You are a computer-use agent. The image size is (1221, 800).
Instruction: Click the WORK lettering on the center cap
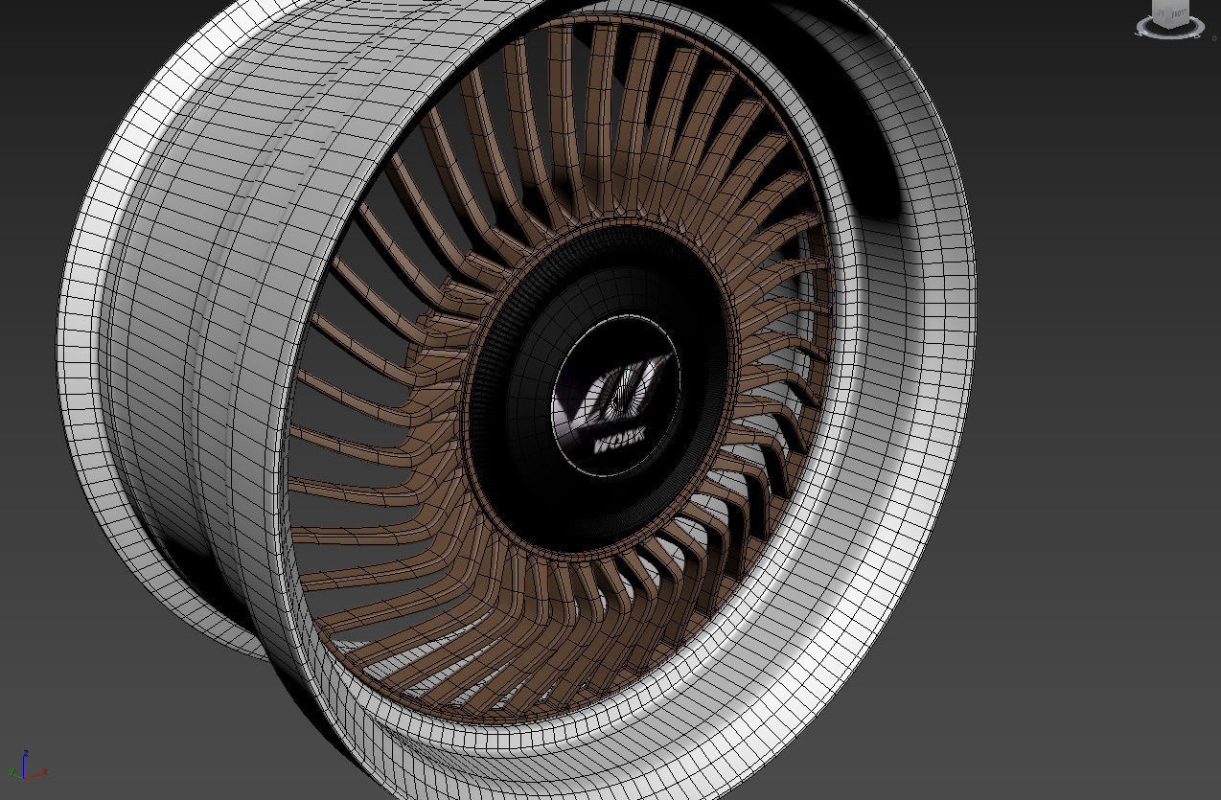pyautogui.click(x=619, y=442)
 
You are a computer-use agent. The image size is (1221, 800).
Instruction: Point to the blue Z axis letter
pyautogui.click(x=25, y=752)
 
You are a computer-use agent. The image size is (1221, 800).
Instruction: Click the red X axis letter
pyautogui.click(x=45, y=770)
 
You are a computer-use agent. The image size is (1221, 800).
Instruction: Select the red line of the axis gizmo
pyautogui.click(x=34, y=775)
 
